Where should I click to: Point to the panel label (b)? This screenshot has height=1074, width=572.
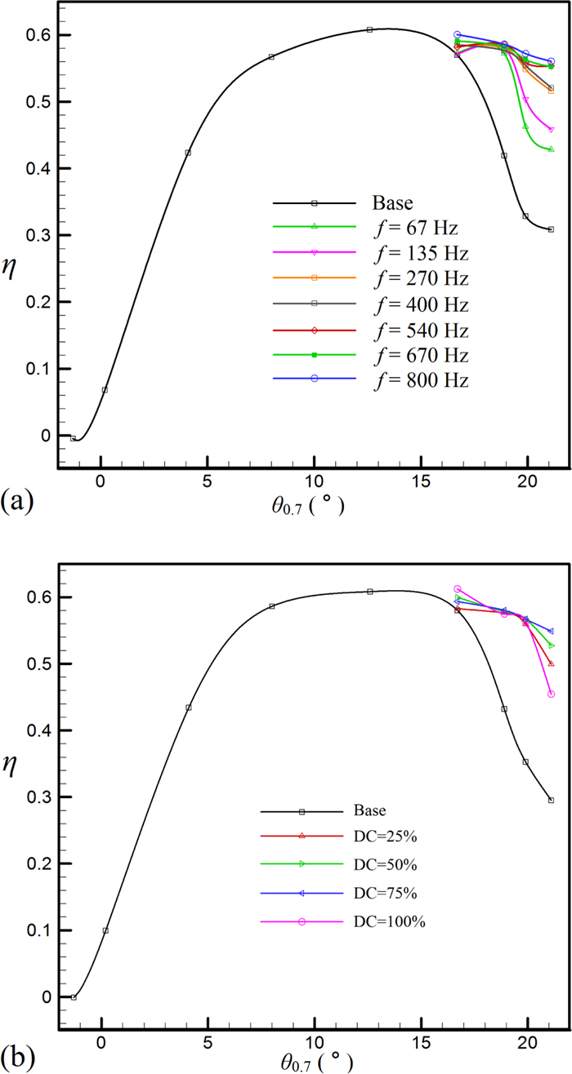(x=17, y=1058)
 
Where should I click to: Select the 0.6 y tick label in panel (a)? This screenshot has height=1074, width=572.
(x=37, y=36)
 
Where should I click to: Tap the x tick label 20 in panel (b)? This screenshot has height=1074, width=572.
(x=528, y=1042)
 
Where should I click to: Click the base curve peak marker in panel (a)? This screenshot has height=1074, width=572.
(x=370, y=29)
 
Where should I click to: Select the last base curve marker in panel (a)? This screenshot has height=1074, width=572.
(x=551, y=229)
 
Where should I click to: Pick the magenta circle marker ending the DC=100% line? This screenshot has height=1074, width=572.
(x=551, y=694)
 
